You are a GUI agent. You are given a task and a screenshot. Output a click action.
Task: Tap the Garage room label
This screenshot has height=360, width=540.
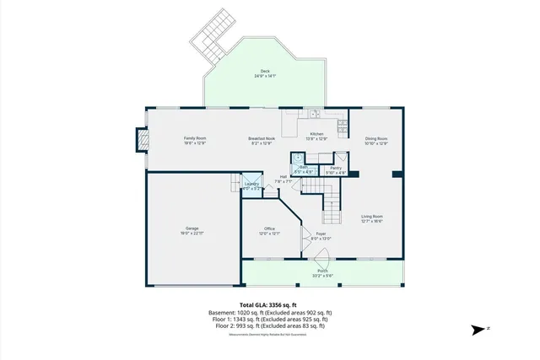(x=192, y=230)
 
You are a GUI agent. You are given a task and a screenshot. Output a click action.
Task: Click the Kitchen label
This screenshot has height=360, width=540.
(x=316, y=136)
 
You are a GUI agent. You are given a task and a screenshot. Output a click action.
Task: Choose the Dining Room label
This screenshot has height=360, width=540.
(x=376, y=140)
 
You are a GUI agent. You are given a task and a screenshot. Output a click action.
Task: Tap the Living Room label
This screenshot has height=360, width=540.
(x=372, y=218)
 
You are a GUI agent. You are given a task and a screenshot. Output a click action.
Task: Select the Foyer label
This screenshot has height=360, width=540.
(x=321, y=235)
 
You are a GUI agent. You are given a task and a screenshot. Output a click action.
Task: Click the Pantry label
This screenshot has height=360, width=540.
(x=336, y=169)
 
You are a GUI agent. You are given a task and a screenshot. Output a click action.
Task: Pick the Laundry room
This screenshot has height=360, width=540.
(x=251, y=186)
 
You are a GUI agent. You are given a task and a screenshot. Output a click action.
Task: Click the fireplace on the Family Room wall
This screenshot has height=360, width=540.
(x=141, y=140)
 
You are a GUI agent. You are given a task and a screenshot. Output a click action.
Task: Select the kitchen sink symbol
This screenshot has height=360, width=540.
(x=313, y=112)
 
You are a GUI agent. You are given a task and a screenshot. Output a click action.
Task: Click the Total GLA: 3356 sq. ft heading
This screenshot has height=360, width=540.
(x=269, y=305)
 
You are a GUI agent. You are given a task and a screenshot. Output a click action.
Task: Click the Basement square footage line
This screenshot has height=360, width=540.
(x=269, y=313)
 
